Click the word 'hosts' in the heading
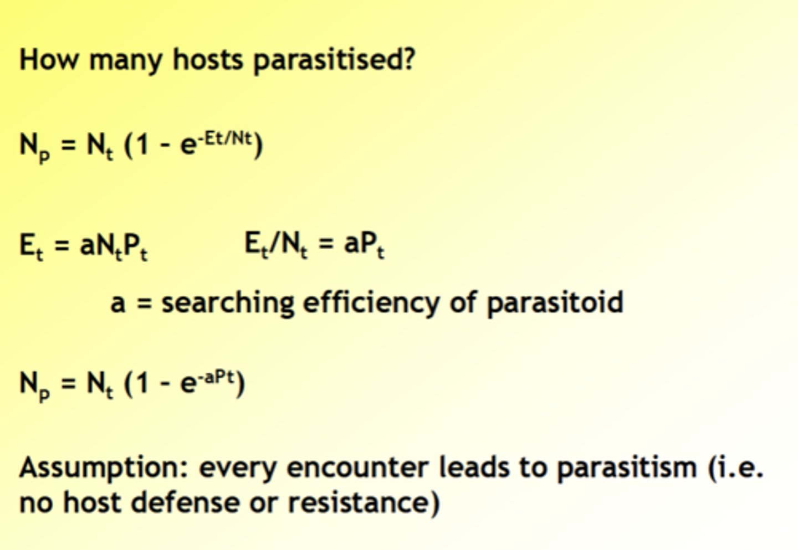coord(208,59)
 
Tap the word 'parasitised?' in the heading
coord(334,60)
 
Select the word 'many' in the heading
coord(125,60)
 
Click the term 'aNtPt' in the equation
coord(114,245)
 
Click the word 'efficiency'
coord(372,302)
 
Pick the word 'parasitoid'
coord(555,303)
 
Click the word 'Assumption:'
coord(104,468)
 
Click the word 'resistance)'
coord(364,502)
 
